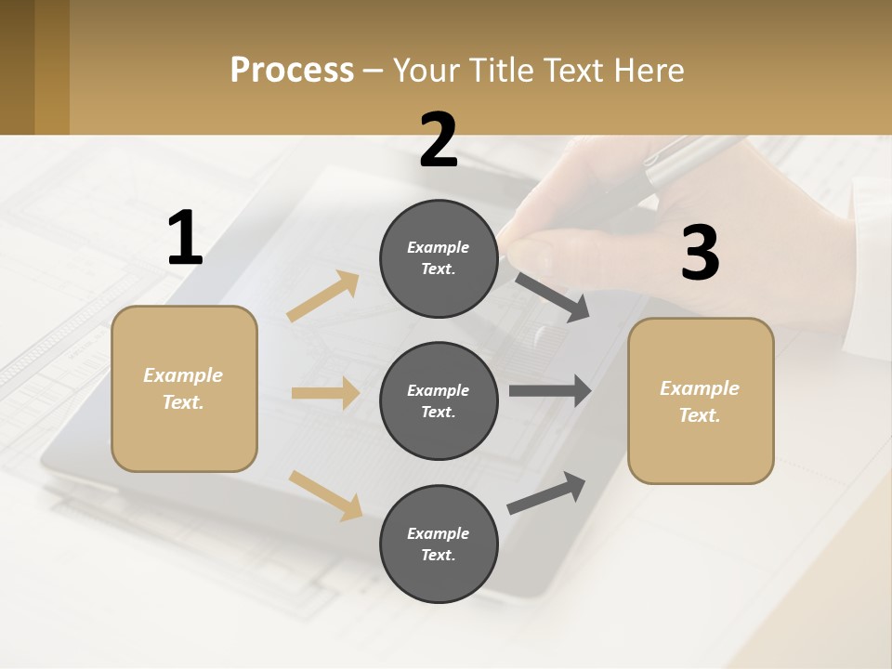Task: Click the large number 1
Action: click(x=185, y=239)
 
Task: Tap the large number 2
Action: click(x=439, y=140)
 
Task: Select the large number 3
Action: click(x=700, y=254)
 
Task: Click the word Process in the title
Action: click(x=292, y=70)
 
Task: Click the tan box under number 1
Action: click(x=184, y=388)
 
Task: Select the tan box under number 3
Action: click(x=701, y=400)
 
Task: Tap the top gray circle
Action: click(x=439, y=258)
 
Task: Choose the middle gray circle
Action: click(x=439, y=400)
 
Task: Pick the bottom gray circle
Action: click(x=439, y=544)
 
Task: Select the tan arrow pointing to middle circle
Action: click(x=325, y=393)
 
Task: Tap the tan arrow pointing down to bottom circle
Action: click(x=325, y=494)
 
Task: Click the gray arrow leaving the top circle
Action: click(x=553, y=297)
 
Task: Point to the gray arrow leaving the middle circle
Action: click(x=550, y=390)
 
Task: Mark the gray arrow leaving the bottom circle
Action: click(x=547, y=492)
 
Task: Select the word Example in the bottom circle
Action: click(x=439, y=533)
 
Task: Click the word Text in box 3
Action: click(x=700, y=415)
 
